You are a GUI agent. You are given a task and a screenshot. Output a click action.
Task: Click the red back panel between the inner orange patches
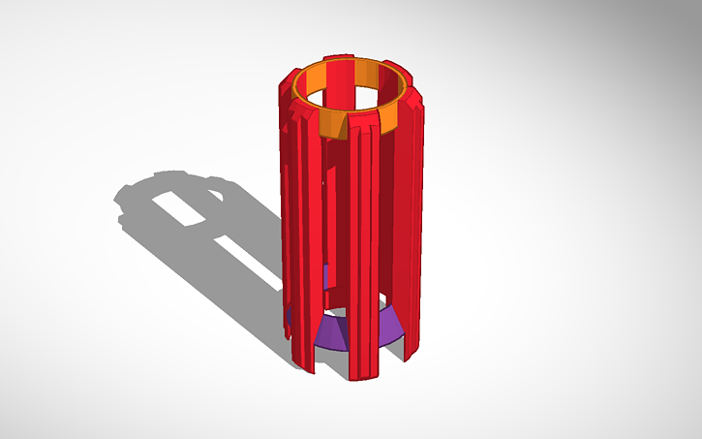(x=343, y=74)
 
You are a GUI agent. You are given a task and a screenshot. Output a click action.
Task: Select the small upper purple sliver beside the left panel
(x=329, y=276)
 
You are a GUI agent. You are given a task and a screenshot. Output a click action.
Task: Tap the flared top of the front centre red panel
(x=361, y=125)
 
